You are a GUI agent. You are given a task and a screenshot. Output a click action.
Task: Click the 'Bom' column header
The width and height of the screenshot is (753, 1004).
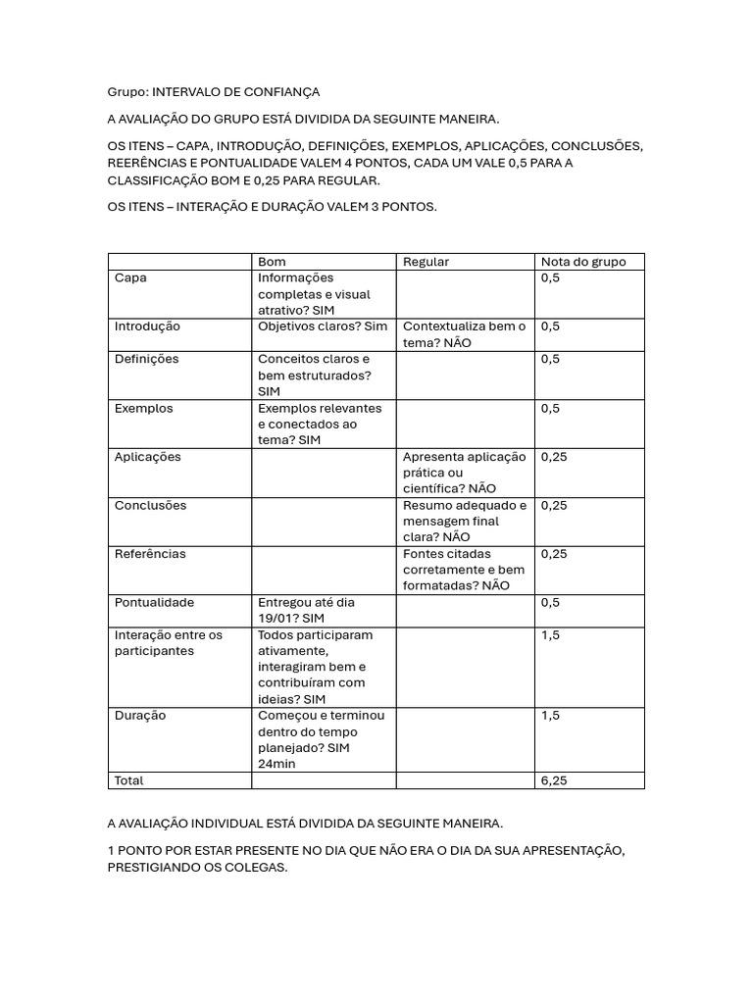[272, 262]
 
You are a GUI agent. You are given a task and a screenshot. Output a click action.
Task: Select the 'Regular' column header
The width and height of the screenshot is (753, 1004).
[426, 262]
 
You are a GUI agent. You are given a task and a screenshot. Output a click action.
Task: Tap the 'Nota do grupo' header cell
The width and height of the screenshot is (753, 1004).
[582, 262]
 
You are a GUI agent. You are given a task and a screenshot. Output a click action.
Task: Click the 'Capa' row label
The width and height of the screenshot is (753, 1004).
[130, 278]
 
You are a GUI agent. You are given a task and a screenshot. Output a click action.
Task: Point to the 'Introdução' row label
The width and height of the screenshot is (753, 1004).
[147, 326]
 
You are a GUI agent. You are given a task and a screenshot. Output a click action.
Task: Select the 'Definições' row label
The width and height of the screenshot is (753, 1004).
[147, 359]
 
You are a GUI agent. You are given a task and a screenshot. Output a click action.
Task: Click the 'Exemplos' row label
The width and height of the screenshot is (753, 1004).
[143, 408]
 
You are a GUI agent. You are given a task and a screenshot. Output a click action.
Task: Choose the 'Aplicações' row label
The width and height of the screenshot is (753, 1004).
[148, 457]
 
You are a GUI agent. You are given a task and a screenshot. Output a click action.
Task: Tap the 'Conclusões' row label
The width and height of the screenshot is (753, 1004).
[150, 506]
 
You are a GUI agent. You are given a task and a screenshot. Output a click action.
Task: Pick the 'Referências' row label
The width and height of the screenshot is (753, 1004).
[150, 554]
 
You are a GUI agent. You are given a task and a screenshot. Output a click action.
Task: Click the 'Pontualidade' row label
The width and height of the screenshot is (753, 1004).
[154, 603]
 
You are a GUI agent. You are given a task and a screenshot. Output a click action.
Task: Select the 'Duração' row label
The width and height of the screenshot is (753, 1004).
[140, 716]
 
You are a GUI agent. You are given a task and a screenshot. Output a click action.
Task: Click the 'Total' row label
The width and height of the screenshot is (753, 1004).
[128, 781]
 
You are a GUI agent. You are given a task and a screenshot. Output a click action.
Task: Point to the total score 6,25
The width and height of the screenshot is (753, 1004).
[554, 781]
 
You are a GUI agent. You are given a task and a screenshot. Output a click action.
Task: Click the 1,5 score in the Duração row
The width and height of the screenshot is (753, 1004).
[550, 716]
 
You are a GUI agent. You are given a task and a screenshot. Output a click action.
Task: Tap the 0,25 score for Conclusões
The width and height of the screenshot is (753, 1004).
[554, 506]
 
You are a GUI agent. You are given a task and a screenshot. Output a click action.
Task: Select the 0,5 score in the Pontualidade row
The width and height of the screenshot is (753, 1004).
[550, 603]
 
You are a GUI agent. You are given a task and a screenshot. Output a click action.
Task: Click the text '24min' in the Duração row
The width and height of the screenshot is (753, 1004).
[276, 764]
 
